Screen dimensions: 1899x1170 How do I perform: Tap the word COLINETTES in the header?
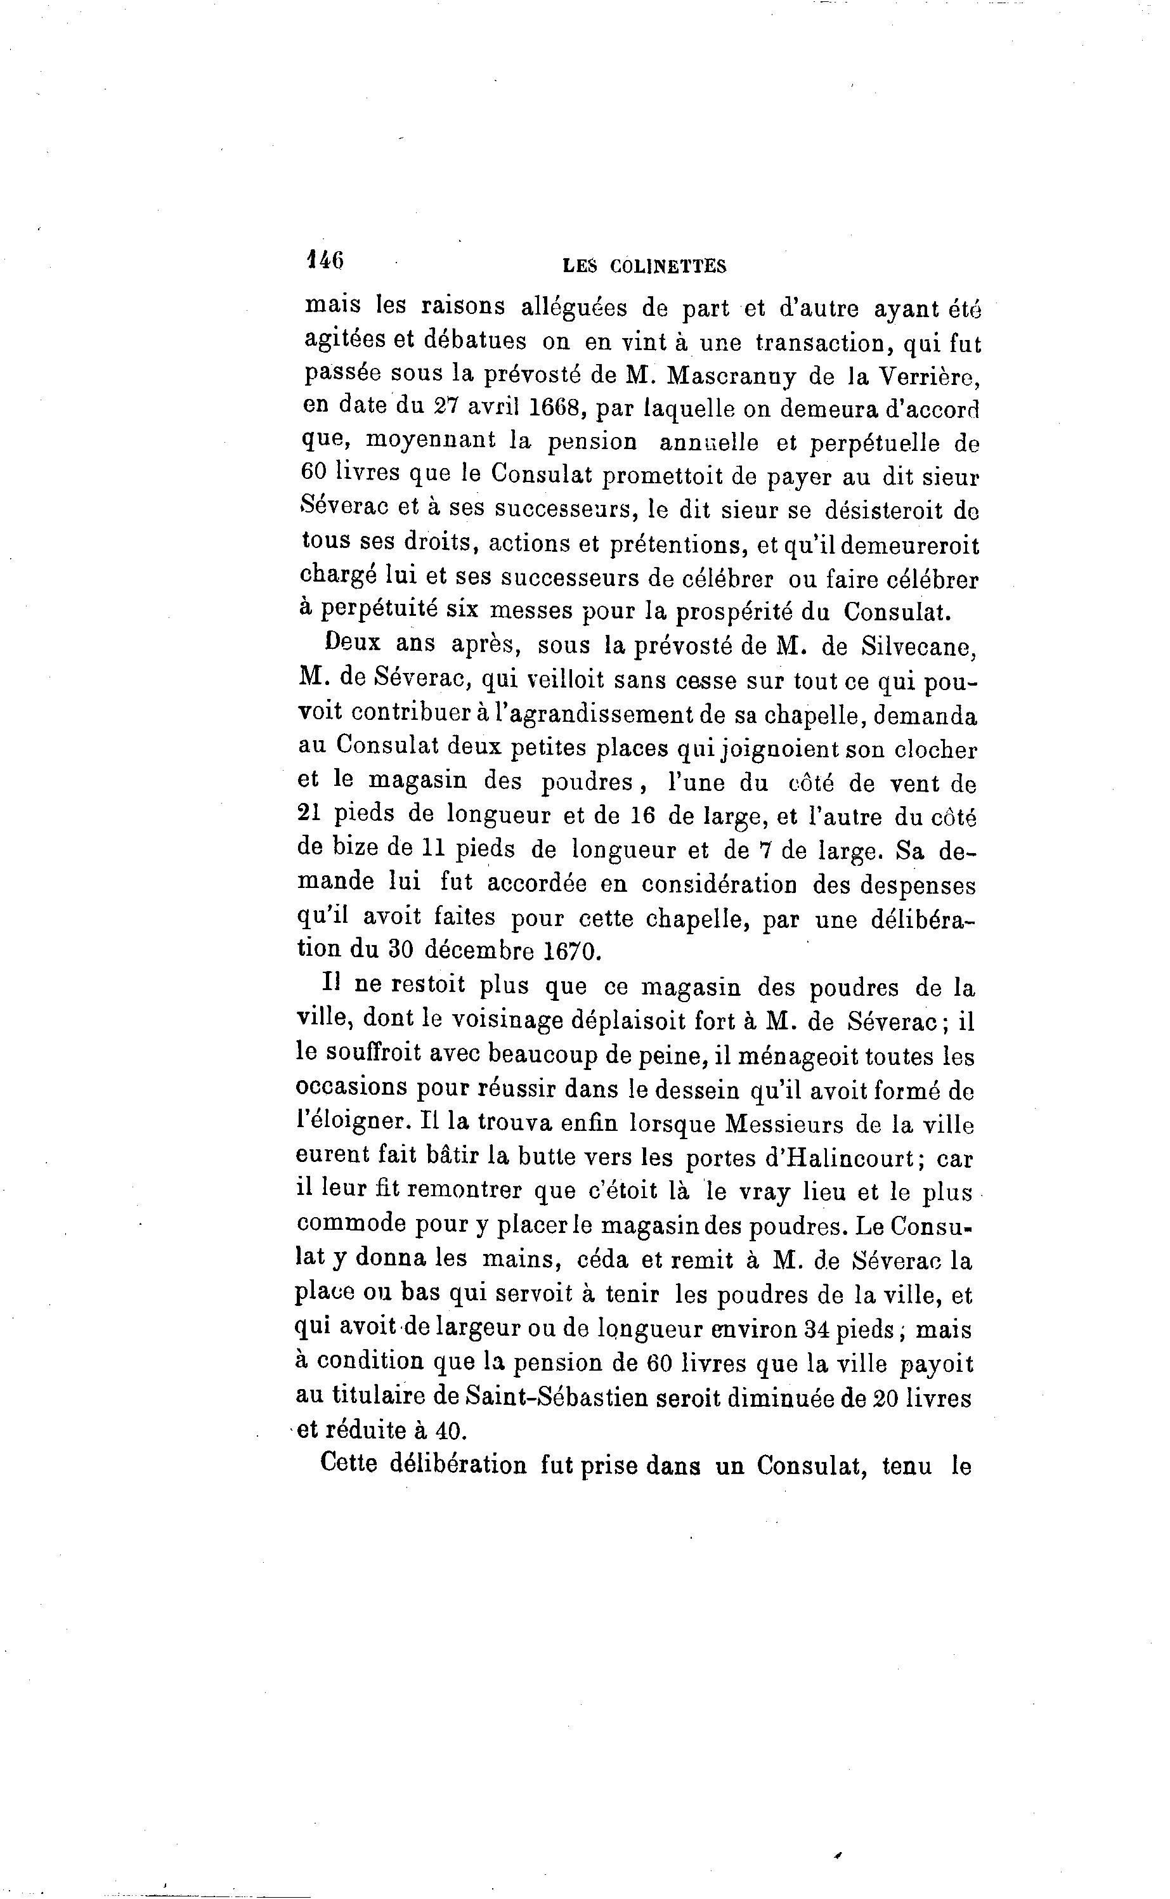click(668, 267)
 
